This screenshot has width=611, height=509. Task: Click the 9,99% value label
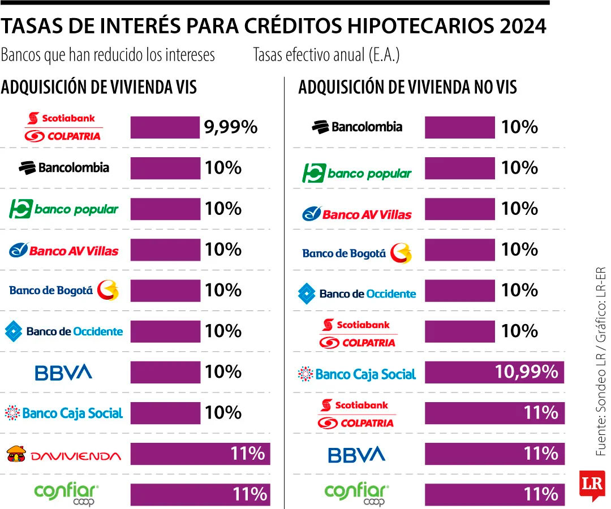231,127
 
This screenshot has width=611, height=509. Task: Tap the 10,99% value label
526,372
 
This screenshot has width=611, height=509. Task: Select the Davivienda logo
63,454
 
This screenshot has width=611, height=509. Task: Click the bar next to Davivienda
200,454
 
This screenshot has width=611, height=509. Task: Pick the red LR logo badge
591,485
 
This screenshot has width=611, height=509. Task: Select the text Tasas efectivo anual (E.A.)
326,55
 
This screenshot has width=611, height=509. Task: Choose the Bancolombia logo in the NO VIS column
357,127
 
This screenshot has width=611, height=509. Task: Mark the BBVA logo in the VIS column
63,372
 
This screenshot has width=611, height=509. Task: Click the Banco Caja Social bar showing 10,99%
494,372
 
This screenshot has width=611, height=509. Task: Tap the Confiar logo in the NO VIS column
356,494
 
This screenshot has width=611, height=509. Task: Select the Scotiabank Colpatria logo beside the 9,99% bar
63,127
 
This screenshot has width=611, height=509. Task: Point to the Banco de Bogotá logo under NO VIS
357,253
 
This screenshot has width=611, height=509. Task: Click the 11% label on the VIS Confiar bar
249,494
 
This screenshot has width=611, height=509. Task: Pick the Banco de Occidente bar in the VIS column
165,331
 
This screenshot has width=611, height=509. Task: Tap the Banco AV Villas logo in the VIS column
63,250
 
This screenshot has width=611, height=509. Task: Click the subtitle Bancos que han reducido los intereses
108,55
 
